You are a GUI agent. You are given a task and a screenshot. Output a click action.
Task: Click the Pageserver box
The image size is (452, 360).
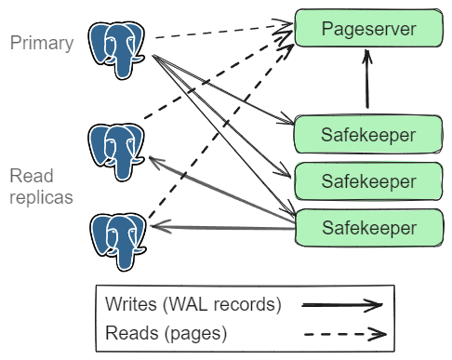click(368, 29)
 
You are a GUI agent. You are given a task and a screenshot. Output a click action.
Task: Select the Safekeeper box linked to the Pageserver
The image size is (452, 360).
click(368, 134)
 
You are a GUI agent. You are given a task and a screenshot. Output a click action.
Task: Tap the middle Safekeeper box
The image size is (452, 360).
click(368, 179)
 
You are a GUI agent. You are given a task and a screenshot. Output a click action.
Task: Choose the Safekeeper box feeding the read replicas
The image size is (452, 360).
click(368, 226)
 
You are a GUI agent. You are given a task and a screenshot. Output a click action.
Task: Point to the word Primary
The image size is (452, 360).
click(42, 42)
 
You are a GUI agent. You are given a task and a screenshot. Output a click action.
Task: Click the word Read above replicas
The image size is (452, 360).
click(31, 177)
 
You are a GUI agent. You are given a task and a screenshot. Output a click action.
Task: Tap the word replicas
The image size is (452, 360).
click(42, 197)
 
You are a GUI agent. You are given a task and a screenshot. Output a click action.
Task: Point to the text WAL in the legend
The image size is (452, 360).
click(178, 305)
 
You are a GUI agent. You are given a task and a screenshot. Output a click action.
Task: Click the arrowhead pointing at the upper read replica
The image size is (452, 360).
click(153, 160)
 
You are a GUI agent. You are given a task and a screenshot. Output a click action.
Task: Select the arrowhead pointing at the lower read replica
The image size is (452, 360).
click(158, 226)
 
